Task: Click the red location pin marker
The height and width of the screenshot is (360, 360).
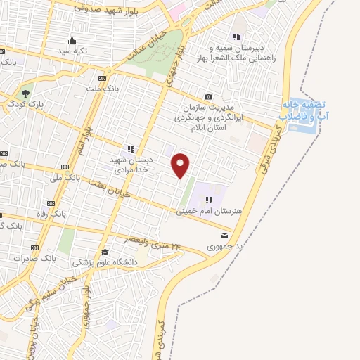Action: click(x=181, y=165)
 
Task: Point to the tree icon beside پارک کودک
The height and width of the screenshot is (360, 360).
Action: click(x=26, y=93)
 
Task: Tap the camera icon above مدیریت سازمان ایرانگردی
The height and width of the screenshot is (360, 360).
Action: click(x=208, y=96)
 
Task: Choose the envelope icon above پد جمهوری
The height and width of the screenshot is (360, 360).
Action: click(x=224, y=235)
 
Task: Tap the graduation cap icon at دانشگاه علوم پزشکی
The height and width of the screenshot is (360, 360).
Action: click(x=105, y=252)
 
